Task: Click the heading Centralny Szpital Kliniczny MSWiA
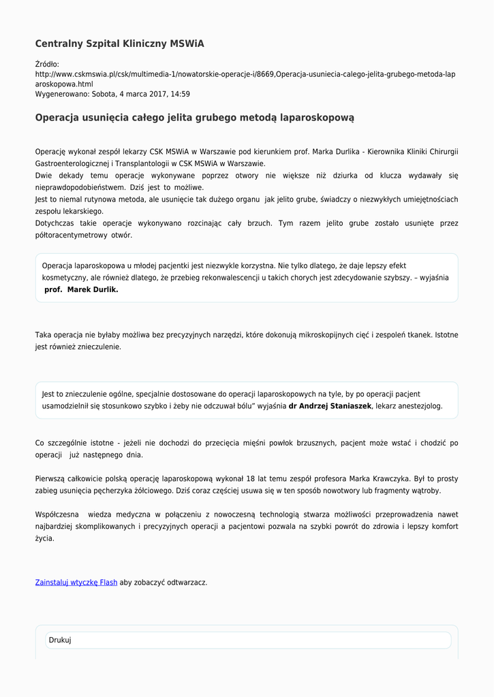tap(119, 44)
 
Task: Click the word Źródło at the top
tap(47, 64)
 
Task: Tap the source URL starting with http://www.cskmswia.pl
tap(245, 74)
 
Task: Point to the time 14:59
tap(181, 94)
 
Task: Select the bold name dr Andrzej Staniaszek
tap(330, 406)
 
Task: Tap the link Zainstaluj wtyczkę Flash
tap(76, 582)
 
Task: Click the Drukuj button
tap(60, 640)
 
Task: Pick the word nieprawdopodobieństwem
tap(80, 187)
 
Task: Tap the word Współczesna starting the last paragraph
tap(56, 514)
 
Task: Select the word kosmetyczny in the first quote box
tap(64, 278)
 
